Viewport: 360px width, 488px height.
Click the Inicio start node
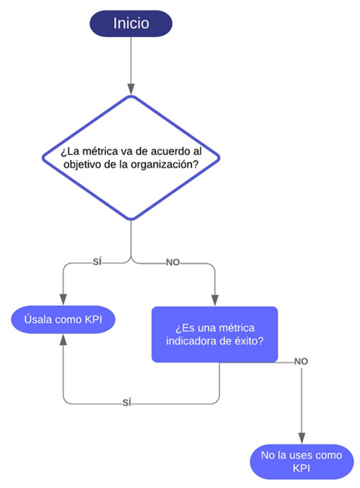point(131,24)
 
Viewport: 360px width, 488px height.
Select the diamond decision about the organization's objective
point(131,158)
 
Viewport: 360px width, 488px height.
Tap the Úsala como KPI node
point(63,319)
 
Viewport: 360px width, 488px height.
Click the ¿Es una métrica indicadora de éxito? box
point(214,334)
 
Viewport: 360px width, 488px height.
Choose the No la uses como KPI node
point(301,462)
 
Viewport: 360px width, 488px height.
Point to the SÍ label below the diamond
point(97,262)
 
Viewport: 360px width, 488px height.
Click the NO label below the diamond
point(173,263)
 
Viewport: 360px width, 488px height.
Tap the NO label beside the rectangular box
point(301,362)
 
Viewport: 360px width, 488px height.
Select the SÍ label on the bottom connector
point(126,402)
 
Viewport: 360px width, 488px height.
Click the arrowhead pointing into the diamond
point(131,89)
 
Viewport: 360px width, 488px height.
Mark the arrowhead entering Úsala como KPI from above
point(63,300)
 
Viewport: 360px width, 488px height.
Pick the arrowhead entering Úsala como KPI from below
point(63,340)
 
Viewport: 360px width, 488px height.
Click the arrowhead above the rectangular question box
point(215,300)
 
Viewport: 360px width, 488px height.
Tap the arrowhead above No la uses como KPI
point(301,438)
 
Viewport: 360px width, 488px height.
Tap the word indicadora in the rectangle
point(191,341)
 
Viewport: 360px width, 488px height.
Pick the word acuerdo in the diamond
point(170,151)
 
